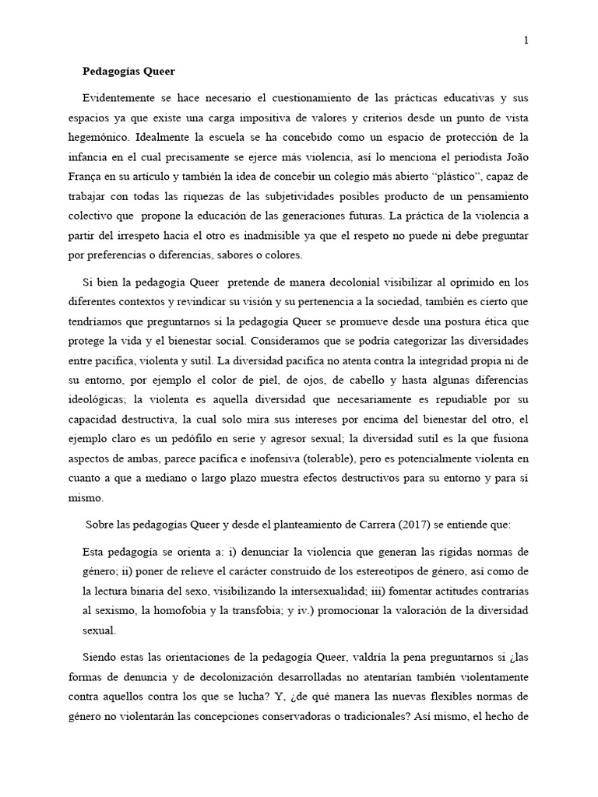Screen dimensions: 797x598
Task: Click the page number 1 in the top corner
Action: (x=527, y=41)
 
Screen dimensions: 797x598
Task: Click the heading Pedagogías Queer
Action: (x=129, y=71)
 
